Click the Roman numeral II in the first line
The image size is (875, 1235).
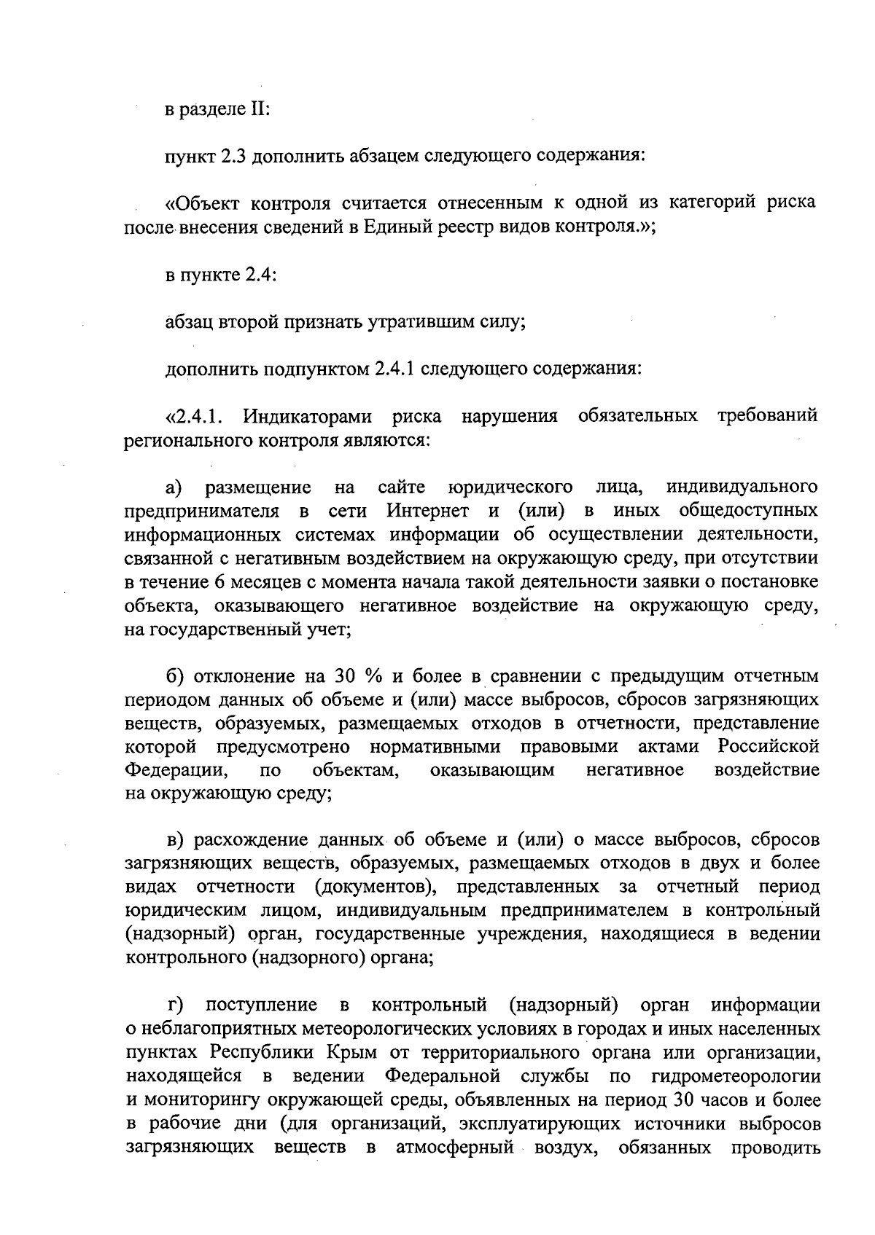point(260,109)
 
